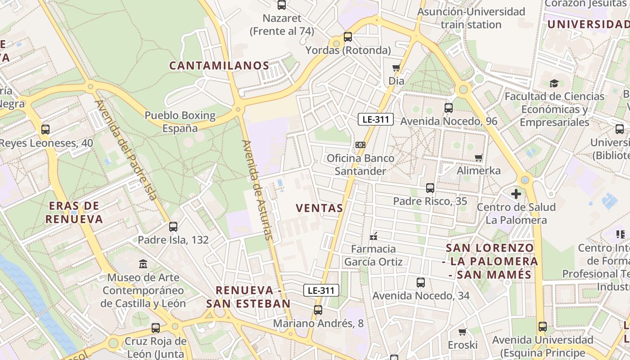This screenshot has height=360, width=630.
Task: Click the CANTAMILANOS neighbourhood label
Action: tap(219, 66)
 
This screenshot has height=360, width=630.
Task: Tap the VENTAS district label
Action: tap(319, 208)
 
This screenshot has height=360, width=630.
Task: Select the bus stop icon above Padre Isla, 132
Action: tap(173, 227)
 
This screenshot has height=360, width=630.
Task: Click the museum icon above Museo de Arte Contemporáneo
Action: tap(143, 263)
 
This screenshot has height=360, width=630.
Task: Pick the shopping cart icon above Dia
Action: tap(396, 68)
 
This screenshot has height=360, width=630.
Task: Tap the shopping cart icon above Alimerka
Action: tap(478, 157)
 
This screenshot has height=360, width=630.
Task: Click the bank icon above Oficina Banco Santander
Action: tap(360, 145)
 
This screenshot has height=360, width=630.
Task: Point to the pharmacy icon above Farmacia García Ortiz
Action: tap(373, 236)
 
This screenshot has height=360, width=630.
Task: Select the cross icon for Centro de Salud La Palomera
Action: tap(516, 194)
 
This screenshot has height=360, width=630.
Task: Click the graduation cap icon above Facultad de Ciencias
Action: tap(554, 83)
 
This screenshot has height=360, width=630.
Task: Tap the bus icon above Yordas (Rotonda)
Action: tap(348, 37)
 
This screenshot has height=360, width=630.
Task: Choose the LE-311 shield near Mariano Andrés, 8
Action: tap(321, 290)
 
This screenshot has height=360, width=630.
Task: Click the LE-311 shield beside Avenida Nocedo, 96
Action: tap(376, 119)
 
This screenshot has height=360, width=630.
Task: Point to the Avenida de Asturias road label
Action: tap(257, 189)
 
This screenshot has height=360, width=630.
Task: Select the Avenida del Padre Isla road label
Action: tap(126, 149)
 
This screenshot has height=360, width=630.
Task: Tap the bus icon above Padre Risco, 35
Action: tap(430, 188)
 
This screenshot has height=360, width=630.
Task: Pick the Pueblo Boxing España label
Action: tap(180, 121)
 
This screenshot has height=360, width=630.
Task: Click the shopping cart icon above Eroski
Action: tap(462, 332)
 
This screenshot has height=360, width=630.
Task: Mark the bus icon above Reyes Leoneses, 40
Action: tap(45, 130)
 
